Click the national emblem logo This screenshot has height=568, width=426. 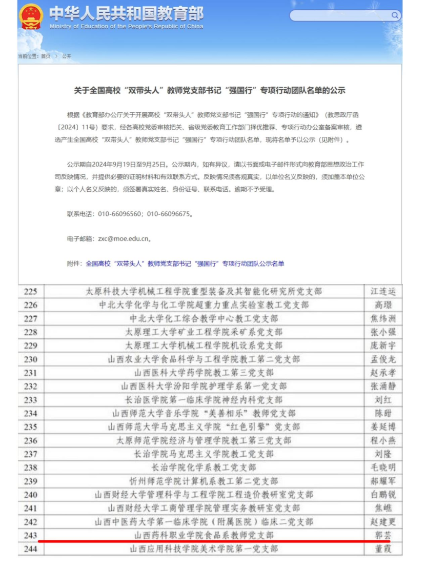[31, 17]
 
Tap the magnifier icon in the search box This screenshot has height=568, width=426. [395, 15]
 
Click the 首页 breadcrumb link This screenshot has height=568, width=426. [46, 56]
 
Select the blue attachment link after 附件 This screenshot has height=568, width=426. [185, 263]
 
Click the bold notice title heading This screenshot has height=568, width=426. [210, 90]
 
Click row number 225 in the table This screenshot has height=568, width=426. [31, 292]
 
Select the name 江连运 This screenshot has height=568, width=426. [383, 292]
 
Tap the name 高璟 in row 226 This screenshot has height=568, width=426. [383, 305]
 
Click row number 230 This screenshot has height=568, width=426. [31, 359]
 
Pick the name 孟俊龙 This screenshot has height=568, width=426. [383, 359]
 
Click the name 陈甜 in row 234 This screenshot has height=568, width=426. [383, 413]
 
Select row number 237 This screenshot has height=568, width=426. [31, 454]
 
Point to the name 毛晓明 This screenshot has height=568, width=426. [383, 468]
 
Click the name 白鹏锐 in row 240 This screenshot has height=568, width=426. [383, 495]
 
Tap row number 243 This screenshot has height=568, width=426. [31, 535]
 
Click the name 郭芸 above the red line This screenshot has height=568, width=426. [383, 535]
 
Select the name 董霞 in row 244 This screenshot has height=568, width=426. [383, 549]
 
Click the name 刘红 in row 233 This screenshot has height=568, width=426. [383, 400]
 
